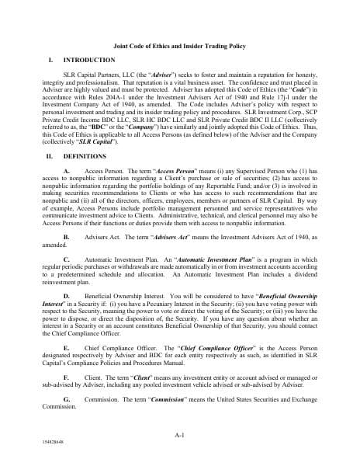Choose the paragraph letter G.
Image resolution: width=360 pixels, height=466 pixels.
(65, 398)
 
